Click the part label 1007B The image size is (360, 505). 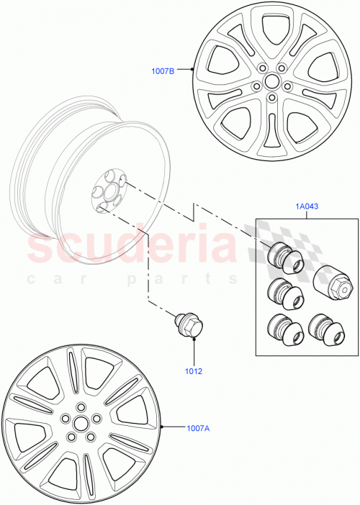pyautogui.click(x=163, y=70)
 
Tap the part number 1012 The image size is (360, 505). pyautogui.click(x=193, y=372)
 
